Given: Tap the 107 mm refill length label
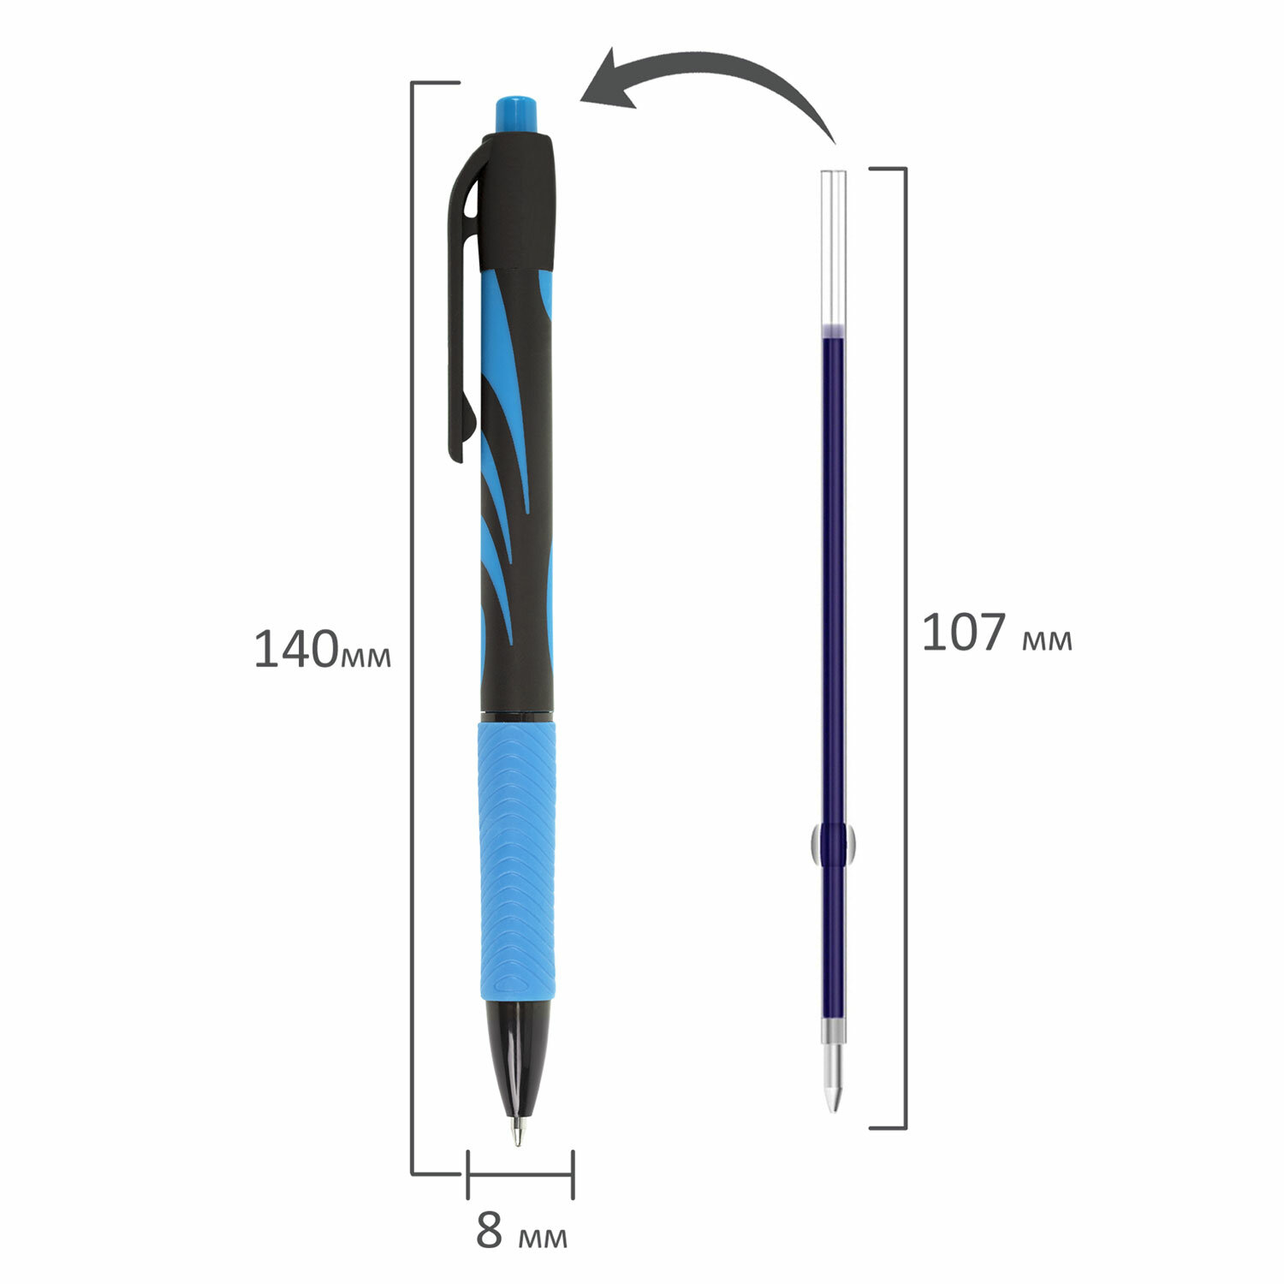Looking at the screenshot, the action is tap(996, 633).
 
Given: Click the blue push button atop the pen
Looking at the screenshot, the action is tap(517, 116).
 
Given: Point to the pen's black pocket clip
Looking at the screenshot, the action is tap(462, 300).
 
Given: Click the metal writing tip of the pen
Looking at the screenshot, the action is tap(517, 1128).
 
